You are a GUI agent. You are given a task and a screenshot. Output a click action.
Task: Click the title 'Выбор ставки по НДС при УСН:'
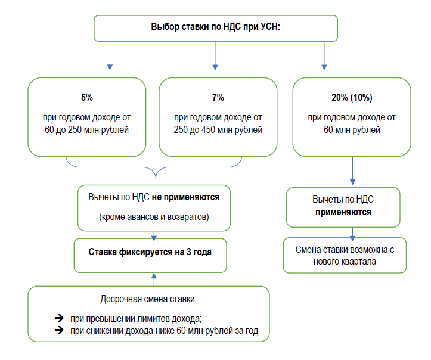[x=216, y=27]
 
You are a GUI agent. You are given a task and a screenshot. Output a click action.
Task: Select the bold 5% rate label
[x=87, y=97]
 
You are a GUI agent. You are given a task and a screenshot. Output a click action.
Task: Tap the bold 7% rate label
[x=218, y=97]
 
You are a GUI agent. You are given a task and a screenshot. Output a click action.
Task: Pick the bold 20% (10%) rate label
[x=352, y=97]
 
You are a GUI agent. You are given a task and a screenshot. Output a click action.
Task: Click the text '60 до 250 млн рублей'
[x=87, y=129]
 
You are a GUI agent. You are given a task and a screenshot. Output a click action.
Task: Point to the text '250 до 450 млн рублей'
[x=218, y=129]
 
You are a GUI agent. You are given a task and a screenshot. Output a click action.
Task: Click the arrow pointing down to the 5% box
[x=110, y=56]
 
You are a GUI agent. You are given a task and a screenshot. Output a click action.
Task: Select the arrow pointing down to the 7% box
[x=215, y=56]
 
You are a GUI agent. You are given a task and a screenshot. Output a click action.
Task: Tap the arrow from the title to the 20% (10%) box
[x=324, y=56]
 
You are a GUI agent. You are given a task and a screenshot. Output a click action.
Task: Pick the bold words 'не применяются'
[x=185, y=197]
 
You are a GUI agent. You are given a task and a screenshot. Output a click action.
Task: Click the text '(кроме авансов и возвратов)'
[x=154, y=217]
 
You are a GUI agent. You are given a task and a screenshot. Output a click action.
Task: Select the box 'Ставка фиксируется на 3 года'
[x=150, y=256]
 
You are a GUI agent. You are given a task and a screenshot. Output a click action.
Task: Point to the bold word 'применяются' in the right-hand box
[x=343, y=212]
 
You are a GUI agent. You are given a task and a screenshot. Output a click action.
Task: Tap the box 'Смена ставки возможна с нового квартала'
[x=345, y=255]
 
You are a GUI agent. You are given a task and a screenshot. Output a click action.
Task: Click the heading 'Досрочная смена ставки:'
[x=148, y=299]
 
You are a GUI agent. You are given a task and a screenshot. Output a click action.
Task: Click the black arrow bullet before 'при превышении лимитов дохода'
[x=59, y=318]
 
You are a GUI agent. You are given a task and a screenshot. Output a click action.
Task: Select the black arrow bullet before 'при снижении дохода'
[x=59, y=330]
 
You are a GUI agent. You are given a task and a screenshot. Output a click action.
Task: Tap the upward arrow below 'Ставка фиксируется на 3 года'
[x=154, y=280]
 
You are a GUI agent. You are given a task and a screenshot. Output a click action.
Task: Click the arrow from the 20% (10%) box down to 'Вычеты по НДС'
[x=353, y=170]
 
